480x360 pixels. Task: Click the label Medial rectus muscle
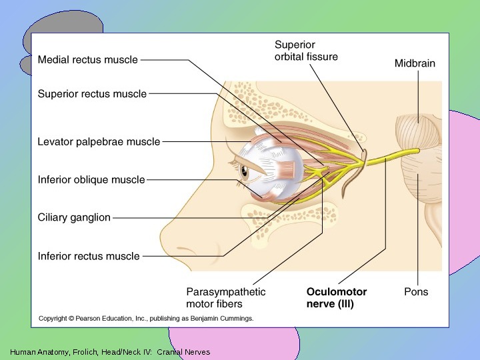87,59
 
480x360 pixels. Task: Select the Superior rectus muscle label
92,94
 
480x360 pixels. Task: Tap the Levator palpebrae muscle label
99,141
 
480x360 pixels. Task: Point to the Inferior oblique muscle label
91,179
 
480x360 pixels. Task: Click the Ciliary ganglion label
74,217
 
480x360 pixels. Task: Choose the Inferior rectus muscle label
89,256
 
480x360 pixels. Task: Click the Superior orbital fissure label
306,51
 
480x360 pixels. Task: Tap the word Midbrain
415,64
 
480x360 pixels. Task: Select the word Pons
416,291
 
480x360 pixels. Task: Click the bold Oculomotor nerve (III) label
336,298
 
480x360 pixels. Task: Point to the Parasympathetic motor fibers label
225,298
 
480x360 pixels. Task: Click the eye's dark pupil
243,172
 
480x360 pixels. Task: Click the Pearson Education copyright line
145,319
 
